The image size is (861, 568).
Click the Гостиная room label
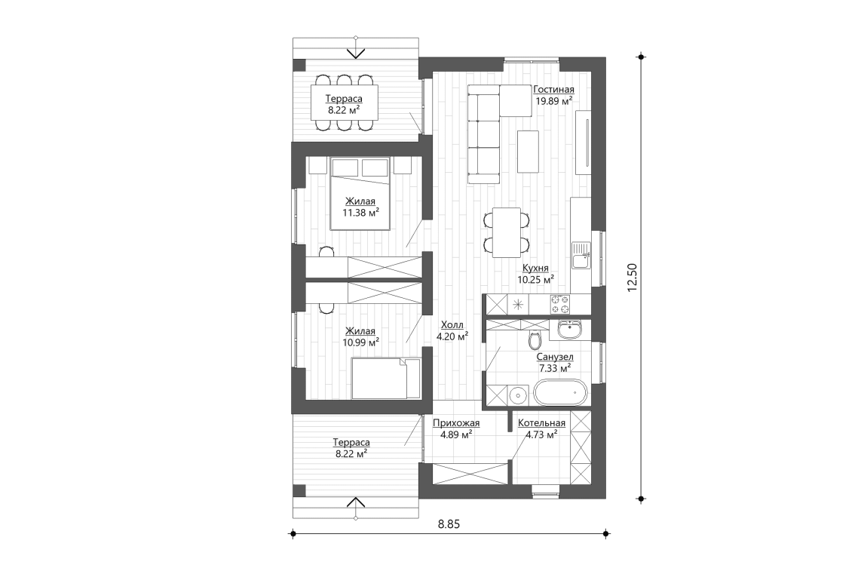[553, 89]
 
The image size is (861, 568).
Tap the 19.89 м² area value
[553, 100]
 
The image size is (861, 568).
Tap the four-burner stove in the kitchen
[560, 303]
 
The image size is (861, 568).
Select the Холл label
[452, 325]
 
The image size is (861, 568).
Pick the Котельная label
[541, 423]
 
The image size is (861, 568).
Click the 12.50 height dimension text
[633, 276]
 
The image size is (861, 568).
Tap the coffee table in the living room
[528, 151]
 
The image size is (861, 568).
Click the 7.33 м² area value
[554, 367]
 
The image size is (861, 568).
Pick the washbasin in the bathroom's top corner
[569, 330]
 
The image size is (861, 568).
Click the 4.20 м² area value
[452, 336]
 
